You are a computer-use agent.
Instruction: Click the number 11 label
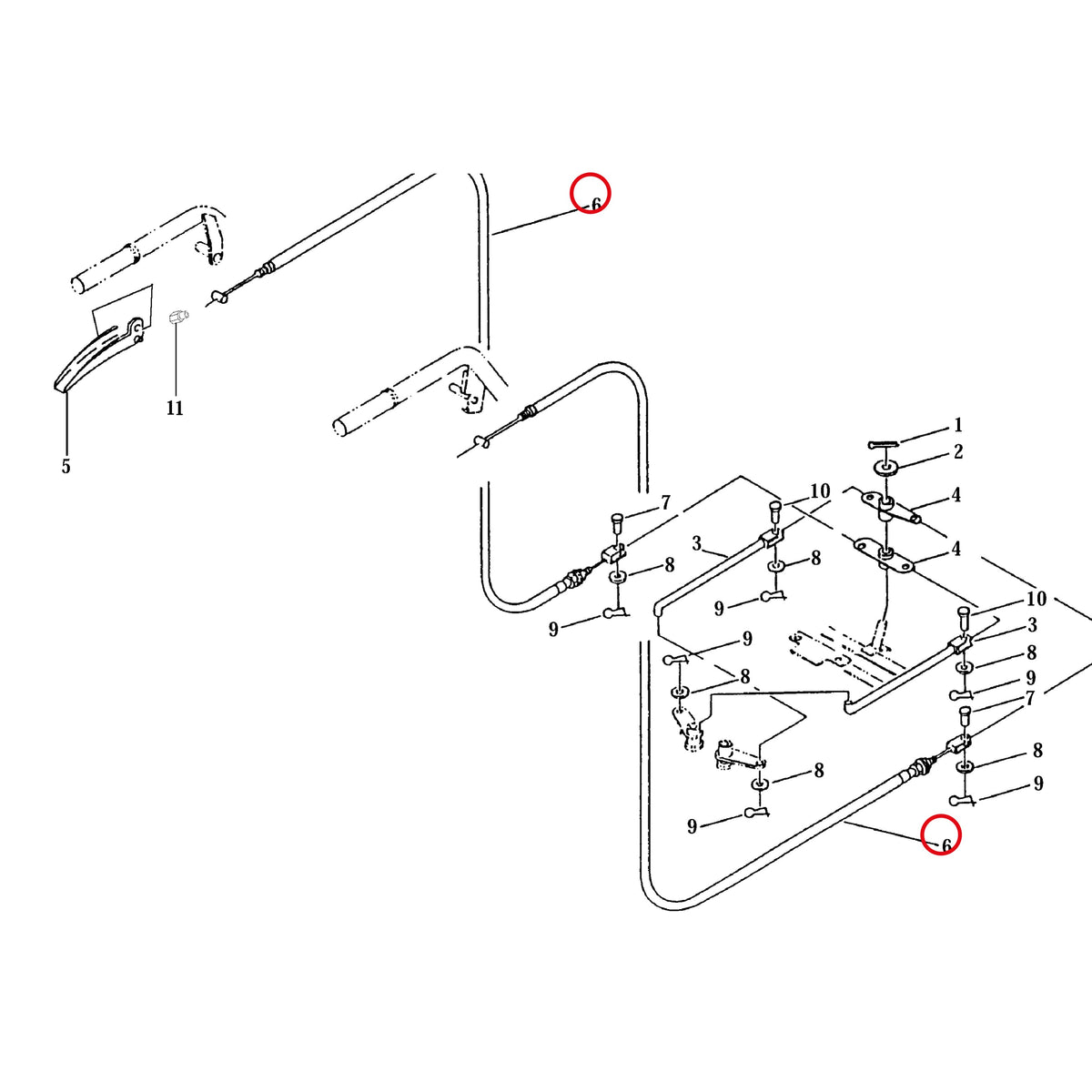click(175, 408)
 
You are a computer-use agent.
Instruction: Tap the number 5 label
click(66, 466)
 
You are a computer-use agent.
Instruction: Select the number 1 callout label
click(957, 424)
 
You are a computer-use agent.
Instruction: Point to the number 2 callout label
click(957, 451)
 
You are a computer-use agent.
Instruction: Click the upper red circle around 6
click(590, 193)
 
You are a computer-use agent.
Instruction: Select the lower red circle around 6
click(941, 834)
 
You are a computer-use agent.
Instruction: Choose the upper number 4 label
click(956, 495)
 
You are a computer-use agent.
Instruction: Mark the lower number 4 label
click(956, 549)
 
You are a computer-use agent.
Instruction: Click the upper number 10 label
click(820, 490)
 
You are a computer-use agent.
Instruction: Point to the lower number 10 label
click(1036, 599)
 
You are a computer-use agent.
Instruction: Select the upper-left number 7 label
click(665, 502)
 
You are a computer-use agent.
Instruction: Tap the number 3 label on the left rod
click(696, 544)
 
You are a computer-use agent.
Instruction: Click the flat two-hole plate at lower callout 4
click(884, 558)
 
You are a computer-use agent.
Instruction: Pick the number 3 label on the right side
click(1032, 625)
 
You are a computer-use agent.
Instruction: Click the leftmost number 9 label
click(553, 629)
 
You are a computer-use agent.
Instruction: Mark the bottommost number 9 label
click(692, 826)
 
